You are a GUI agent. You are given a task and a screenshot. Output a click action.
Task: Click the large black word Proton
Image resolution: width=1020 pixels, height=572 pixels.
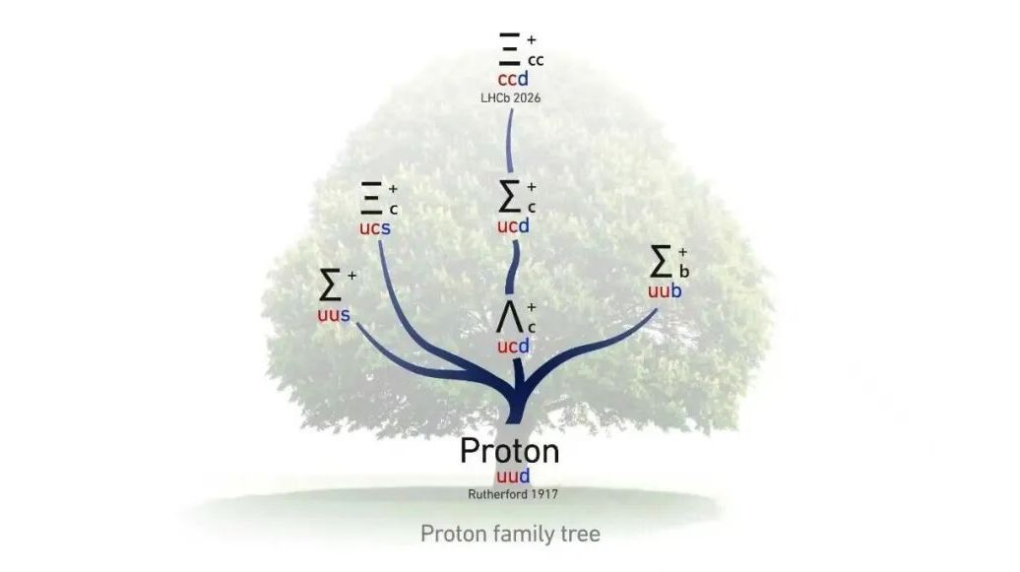(x=509, y=451)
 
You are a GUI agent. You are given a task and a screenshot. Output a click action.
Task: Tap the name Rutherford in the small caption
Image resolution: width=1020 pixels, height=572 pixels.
(x=497, y=493)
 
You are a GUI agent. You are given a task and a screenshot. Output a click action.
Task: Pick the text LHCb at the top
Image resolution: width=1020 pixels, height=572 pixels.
(x=495, y=98)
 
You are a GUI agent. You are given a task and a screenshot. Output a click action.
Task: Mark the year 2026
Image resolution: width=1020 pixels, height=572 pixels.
(x=527, y=98)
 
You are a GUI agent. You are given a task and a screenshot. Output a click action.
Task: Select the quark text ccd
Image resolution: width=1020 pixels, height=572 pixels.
(x=513, y=80)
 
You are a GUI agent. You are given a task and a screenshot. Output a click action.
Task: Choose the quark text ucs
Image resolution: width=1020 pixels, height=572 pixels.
(x=374, y=228)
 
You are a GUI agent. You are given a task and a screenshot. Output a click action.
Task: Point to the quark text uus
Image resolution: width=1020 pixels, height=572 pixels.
(x=333, y=316)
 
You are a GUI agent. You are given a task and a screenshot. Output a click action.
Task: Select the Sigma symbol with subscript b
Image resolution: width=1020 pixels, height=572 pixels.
(x=662, y=261)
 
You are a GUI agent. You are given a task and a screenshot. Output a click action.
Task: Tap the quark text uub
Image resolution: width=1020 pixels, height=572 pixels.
(x=665, y=291)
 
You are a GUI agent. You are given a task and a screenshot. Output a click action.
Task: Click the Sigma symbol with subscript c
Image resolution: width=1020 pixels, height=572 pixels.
(x=510, y=197)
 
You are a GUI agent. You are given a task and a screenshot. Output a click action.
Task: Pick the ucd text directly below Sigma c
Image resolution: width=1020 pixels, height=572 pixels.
(x=513, y=226)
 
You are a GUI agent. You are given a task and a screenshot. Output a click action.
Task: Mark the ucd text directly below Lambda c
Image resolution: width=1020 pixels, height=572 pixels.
(x=513, y=347)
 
